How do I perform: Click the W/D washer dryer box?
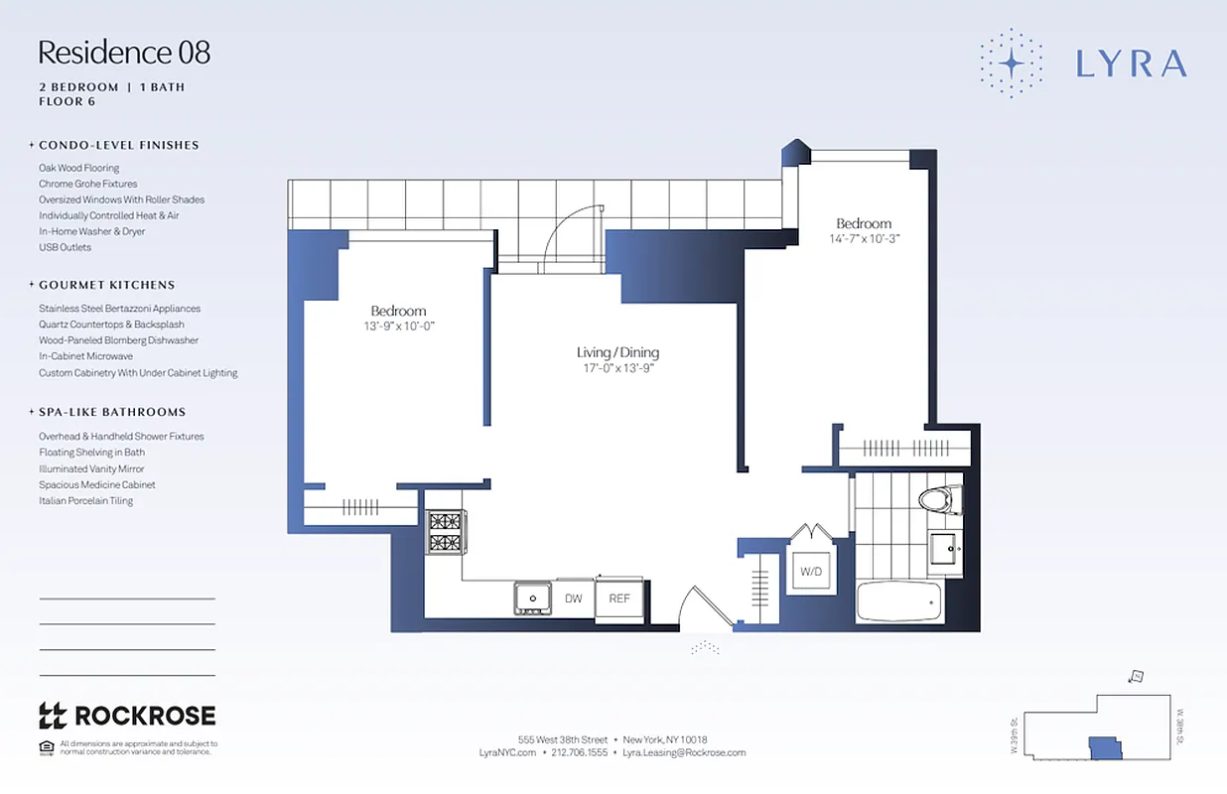point(811,572)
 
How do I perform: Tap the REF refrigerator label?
point(618,598)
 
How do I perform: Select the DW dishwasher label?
point(573,598)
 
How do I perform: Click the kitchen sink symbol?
point(533,598)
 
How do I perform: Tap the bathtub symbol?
point(897,601)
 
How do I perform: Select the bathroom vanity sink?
point(945,548)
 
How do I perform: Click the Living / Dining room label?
point(617,352)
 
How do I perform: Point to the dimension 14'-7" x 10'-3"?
point(863,239)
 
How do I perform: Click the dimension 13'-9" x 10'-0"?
point(398,327)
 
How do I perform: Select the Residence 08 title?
point(124,52)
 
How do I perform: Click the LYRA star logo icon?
point(1011,63)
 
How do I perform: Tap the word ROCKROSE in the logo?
point(145,716)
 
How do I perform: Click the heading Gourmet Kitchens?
point(106,285)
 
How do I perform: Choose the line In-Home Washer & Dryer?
point(91,231)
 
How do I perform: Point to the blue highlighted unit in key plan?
point(1103,746)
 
